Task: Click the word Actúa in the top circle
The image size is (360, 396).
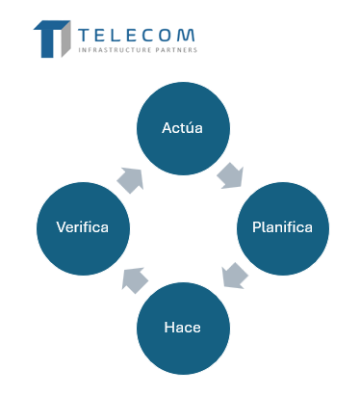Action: [182, 128]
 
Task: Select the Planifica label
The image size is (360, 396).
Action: [282, 227]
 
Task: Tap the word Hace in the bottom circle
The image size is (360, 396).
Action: [182, 328]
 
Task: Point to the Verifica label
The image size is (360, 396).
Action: [83, 227]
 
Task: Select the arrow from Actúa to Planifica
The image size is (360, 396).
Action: [230, 175]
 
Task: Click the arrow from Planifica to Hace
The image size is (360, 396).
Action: [235, 276]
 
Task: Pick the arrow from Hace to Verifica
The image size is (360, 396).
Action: [135, 280]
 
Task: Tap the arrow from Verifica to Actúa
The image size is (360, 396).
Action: [130, 180]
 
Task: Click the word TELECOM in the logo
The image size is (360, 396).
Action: [137, 35]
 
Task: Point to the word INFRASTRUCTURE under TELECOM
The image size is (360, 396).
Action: [115, 50]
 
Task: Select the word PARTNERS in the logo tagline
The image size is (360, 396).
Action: [176, 50]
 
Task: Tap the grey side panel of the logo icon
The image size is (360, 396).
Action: [65, 40]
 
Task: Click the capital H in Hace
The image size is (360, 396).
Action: [168, 328]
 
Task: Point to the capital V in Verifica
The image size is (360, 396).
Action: [62, 227]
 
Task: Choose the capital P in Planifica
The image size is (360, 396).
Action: [256, 227]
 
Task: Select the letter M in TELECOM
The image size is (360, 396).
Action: [187, 36]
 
